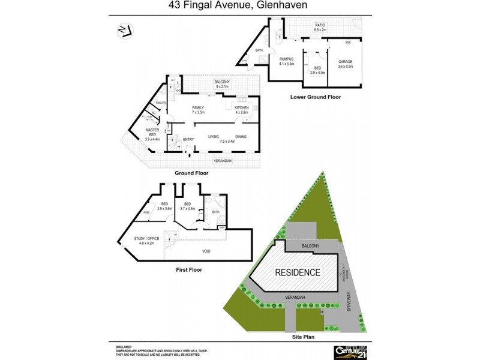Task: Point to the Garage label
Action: pyautogui.click(x=345, y=62)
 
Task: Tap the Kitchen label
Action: pyautogui.click(x=242, y=109)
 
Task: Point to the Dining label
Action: pyautogui.click(x=241, y=137)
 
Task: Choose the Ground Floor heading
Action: pyautogui.click(x=191, y=173)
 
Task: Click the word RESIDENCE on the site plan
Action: pyautogui.click(x=297, y=272)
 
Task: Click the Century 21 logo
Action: pyautogui.click(x=352, y=350)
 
